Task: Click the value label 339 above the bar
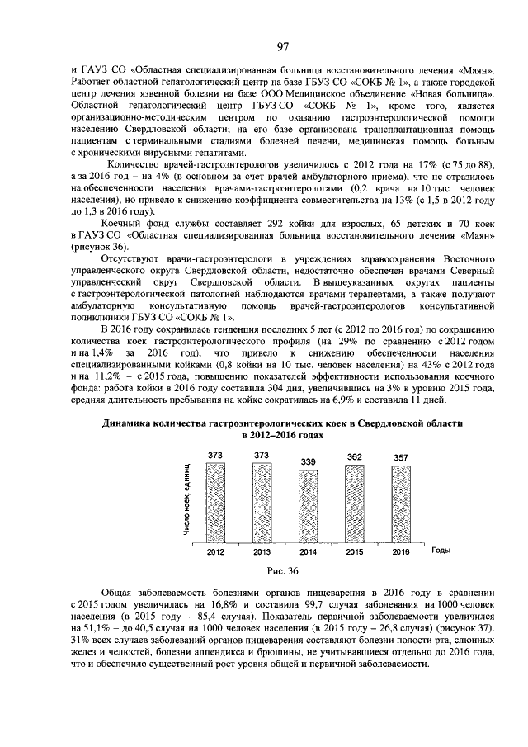pyautogui.click(x=308, y=461)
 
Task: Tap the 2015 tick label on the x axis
pyautogui.click(x=354, y=551)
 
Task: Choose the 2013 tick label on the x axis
pyautogui.click(x=262, y=551)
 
